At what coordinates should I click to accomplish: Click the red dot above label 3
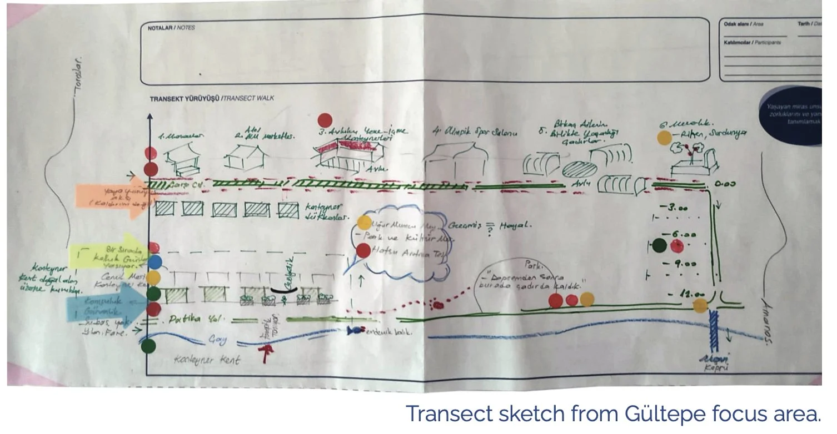point(325,120)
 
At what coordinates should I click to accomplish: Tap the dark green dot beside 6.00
point(660,245)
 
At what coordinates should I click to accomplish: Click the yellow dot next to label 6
point(664,137)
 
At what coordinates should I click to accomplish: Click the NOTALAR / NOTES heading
point(171,27)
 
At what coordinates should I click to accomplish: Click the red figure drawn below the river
point(268,352)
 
